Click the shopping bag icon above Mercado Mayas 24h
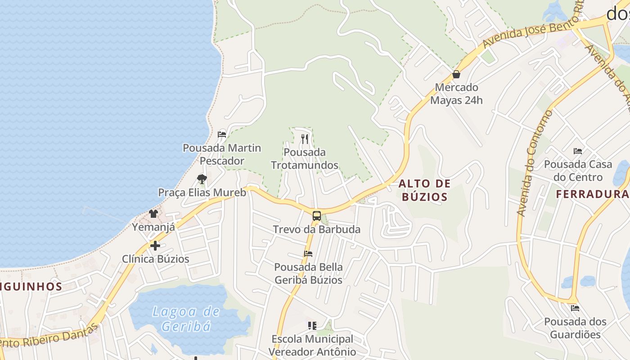coord(456,74)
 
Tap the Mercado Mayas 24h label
coord(456,94)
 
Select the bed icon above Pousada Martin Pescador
coord(221,134)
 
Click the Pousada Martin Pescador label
coord(222,154)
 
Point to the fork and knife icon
coord(305,139)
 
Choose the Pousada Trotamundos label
coord(305,159)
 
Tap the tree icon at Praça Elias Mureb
coord(202,179)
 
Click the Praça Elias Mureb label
coord(202,193)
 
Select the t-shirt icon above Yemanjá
coord(153,213)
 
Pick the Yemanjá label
coord(153,227)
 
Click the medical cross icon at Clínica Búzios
coord(155,246)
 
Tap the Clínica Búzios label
coord(156,259)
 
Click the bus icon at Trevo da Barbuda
coord(317,216)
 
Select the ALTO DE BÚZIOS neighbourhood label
coord(425,190)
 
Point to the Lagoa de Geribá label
coord(186,319)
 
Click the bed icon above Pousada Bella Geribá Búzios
coord(308,254)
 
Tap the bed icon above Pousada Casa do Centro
coord(578,151)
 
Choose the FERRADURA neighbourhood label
coord(592,194)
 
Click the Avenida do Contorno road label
coord(535,163)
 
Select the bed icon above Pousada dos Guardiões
coord(575,308)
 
